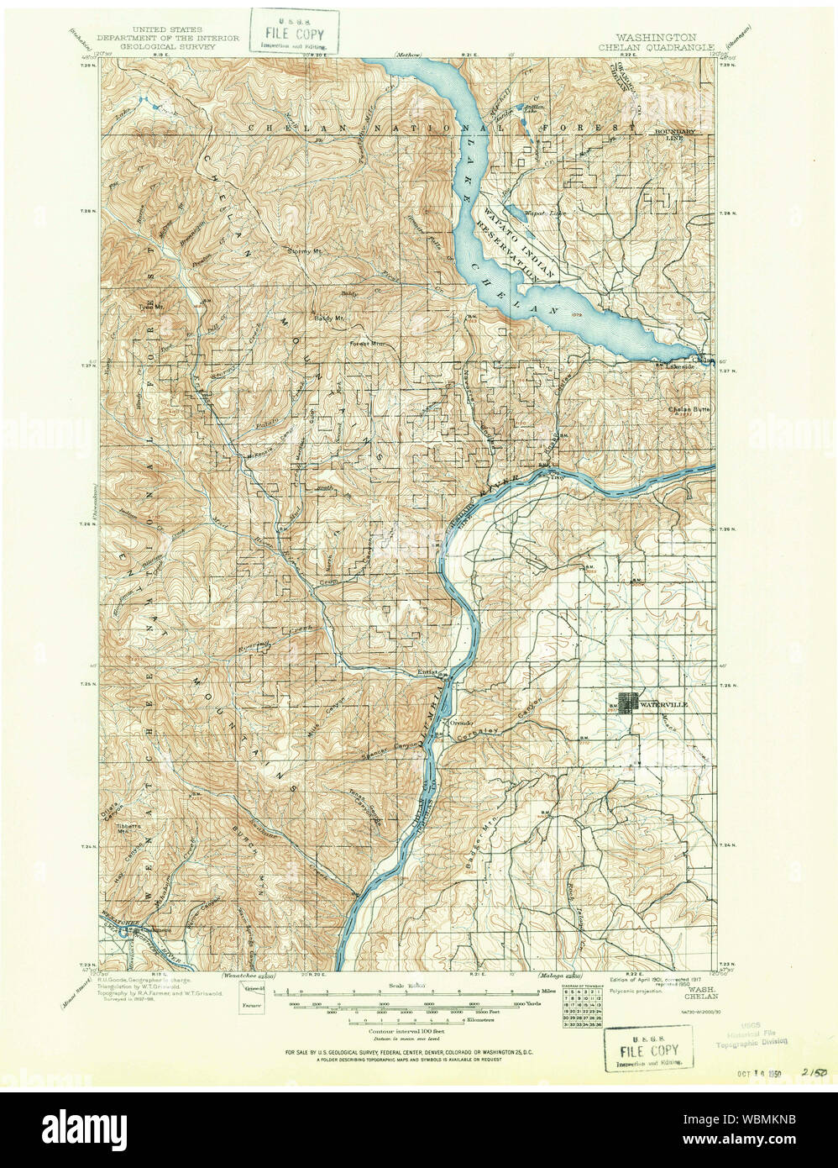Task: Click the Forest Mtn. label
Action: coord(365,344)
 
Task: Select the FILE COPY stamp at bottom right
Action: coord(649,1050)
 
